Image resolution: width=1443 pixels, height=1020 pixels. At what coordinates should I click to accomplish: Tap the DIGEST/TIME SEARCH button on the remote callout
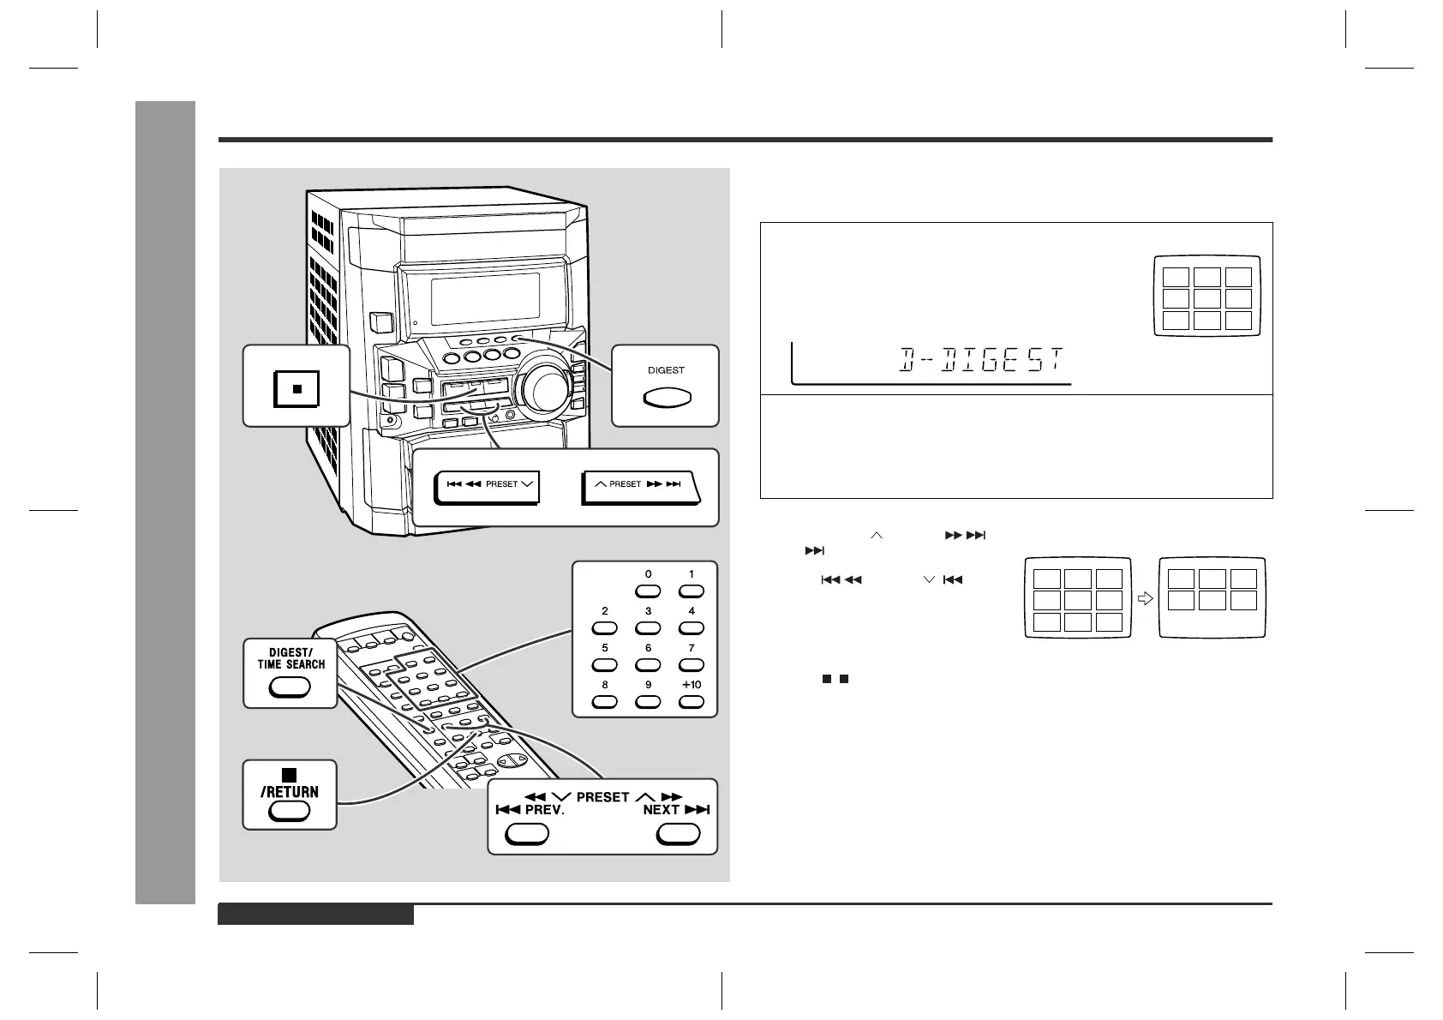coord(290,687)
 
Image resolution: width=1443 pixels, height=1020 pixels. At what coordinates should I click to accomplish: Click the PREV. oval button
coord(526,834)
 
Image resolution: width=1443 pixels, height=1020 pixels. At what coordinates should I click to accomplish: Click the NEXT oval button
coord(678,834)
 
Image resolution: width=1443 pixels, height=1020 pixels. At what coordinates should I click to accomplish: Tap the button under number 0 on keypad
coord(648,591)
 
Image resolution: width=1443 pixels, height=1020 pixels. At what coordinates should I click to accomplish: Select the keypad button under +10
coord(691,701)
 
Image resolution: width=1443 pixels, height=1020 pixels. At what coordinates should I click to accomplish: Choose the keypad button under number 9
coord(648,701)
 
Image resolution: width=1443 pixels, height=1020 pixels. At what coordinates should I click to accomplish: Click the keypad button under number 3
coord(648,627)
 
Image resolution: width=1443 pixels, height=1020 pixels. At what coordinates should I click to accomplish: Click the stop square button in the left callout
coord(296,388)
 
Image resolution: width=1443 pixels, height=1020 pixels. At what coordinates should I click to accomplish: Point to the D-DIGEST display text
coord(980,361)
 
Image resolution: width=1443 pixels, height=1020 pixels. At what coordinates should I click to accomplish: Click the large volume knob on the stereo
coord(542,390)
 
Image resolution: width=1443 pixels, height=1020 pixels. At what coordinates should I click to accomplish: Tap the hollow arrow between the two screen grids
coord(1144,600)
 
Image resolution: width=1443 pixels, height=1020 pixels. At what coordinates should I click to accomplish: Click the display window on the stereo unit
coord(485,298)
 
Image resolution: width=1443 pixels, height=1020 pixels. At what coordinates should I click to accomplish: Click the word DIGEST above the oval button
coord(666,370)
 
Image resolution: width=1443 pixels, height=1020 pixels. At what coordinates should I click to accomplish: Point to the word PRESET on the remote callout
coord(602,797)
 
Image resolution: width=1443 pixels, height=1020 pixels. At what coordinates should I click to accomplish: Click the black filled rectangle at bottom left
coord(315,915)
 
